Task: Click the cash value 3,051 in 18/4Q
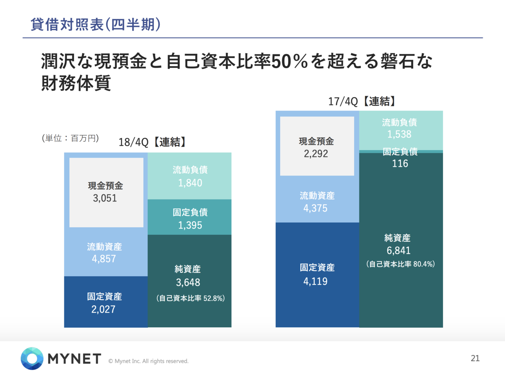(x=105, y=198)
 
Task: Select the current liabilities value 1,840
(x=190, y=183)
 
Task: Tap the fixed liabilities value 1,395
(x=190, y=225)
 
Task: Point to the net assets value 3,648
(x=188, y=282)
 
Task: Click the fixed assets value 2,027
(x=103, y=309)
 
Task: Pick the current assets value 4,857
(x=104, y=259)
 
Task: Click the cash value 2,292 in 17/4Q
(x=316, y=154)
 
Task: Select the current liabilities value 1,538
(x=399, y=134)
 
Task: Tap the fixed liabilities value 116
(x=400, y=163)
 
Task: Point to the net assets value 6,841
(x=398, y=250)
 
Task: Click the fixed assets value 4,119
(x=315, y=281)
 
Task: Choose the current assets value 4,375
(x=315, y=208)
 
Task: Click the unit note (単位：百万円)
(x=70, y=138)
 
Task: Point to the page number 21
(x=475, y=358)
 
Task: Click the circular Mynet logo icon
(x=32, y=358)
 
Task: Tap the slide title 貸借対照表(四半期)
(x=96, y=24)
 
